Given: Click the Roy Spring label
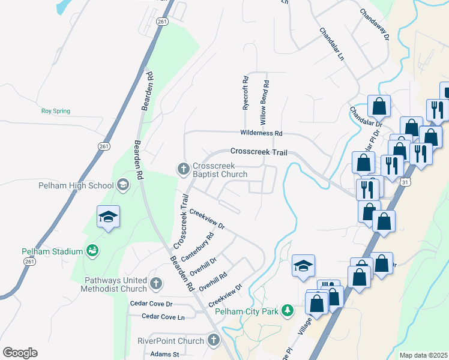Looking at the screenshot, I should (55, 111).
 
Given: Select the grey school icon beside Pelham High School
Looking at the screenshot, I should (123, 185).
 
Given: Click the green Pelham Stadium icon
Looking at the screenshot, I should (92, 251).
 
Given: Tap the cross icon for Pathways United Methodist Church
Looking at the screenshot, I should (155, 283).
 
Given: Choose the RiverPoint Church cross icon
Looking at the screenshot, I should (213, 341).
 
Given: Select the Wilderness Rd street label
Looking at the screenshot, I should (261, 133).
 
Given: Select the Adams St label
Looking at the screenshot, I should (165, 354).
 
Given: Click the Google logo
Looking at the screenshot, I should (20, 353).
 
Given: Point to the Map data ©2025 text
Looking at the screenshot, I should (423, 355).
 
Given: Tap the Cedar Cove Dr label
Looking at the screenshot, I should (151, 304).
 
